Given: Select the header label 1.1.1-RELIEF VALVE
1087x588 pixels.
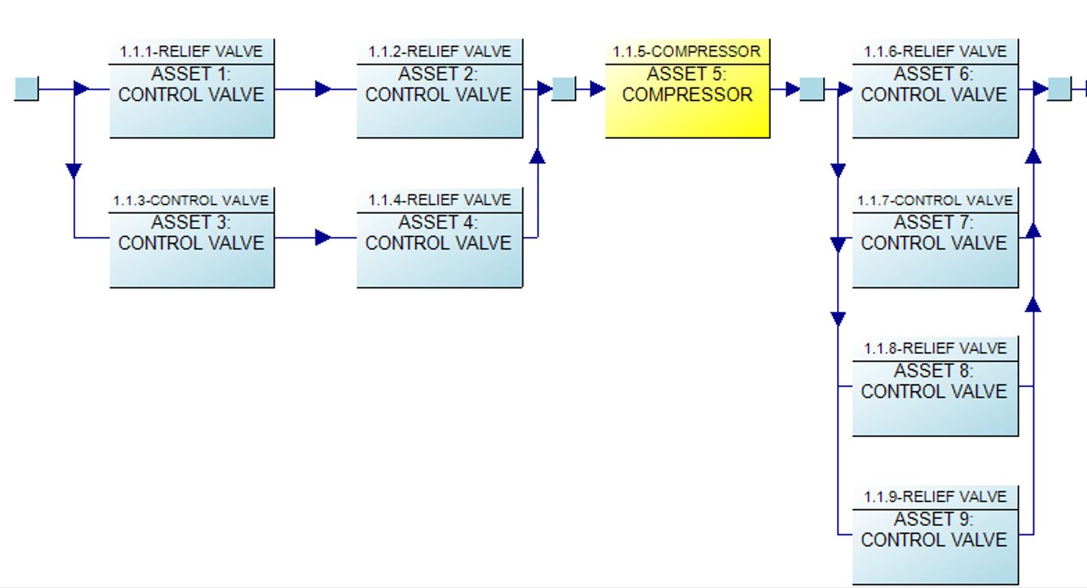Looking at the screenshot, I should point(192,51).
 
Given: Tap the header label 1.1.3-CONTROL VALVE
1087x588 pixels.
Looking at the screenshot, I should point(192,200).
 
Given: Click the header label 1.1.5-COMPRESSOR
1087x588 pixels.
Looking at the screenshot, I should point(687,51).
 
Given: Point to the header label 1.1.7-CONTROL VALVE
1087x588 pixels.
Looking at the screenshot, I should point(935,200).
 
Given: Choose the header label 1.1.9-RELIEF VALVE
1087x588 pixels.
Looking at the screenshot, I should point(935,497).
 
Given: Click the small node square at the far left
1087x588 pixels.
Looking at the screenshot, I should point(27,89).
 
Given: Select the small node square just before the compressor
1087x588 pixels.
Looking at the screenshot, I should point(564,89).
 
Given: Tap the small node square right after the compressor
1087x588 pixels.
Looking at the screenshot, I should point(812,89).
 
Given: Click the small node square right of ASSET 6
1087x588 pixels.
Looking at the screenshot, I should point(1059,89).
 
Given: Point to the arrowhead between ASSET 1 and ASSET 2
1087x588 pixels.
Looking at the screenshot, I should point(323,89).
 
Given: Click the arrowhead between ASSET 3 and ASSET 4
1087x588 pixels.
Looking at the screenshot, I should point(323,238).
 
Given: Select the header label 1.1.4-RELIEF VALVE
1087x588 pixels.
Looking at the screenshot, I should point(440,200).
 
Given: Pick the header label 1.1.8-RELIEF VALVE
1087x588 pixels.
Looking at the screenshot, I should point(935,348).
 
